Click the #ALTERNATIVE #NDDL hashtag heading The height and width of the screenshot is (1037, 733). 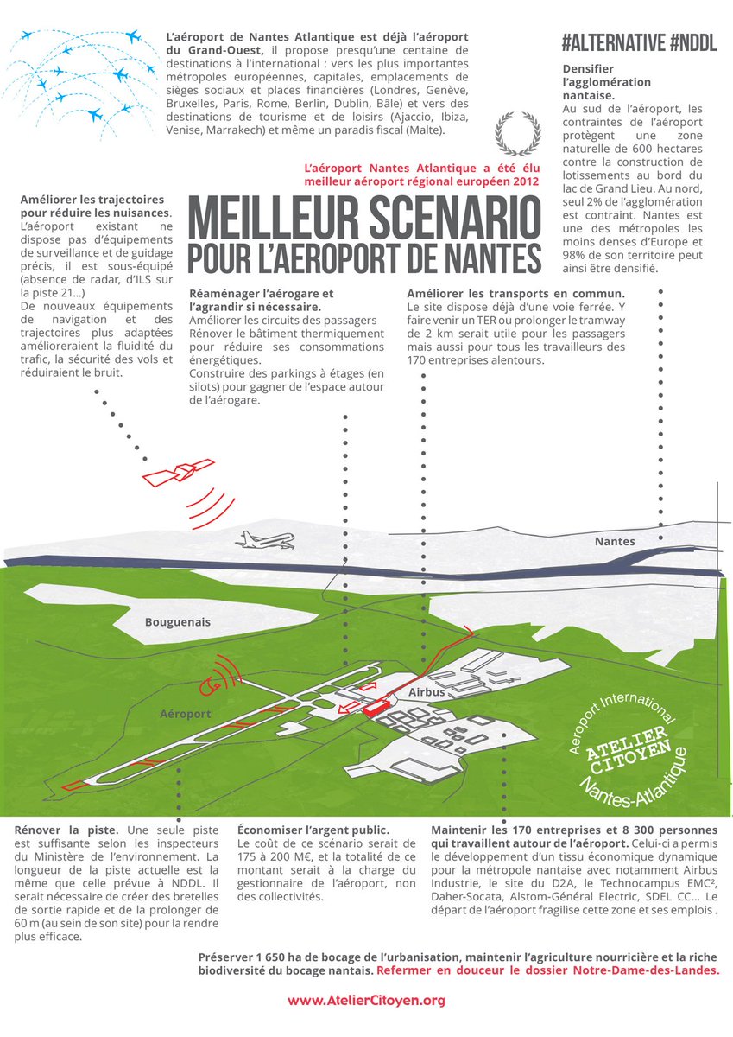[x=639, y=45]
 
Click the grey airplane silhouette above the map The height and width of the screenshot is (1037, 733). [x=266, y=540]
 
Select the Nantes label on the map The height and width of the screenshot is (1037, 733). [x=615, y=542]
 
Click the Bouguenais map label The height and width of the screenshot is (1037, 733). [x=177, y=622]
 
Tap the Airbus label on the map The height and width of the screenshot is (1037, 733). [x=426, y=693]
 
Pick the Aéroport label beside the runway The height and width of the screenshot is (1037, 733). [x=185, y=714]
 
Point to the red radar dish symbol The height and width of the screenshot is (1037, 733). [x=210, y=685]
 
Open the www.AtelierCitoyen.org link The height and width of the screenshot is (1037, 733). [x=366, y=1001]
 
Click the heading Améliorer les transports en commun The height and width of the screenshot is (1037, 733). [x=516, y=292]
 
